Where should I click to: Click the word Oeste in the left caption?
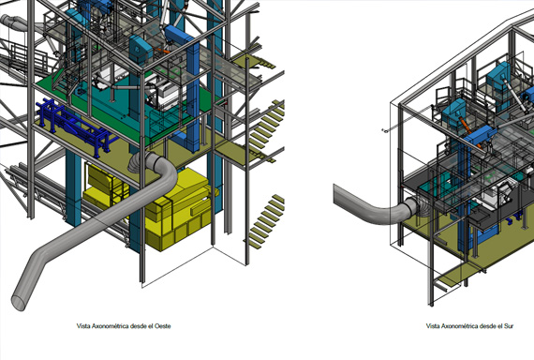(162, 326)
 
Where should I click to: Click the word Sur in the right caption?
(509, 326)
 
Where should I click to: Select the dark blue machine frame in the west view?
(75, 127)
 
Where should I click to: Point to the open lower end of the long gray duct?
(19, 302)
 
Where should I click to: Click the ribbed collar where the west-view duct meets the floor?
(143, 161)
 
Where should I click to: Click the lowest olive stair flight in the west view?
(266, 221)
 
